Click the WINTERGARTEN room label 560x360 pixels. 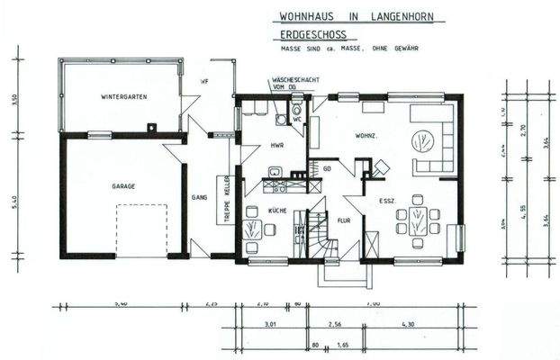124,96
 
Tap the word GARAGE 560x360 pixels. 123,186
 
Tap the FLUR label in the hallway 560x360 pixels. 343,219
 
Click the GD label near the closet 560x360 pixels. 328,168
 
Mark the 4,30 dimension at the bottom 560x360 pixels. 406,323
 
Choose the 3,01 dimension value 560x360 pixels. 266,323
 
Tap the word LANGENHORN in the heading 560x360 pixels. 383,15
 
